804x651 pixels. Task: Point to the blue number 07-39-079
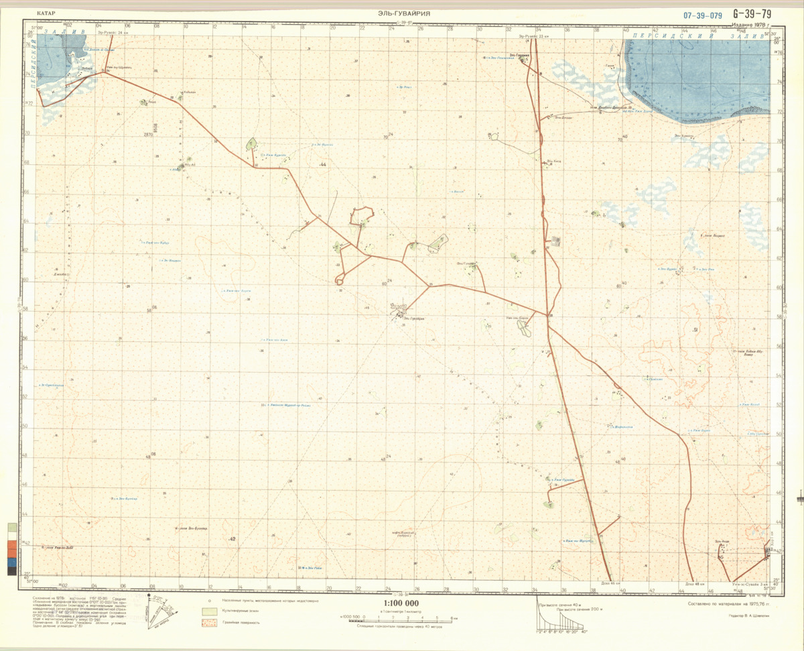click(x=703, y=15)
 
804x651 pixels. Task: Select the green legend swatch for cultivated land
click(x=210, y=612)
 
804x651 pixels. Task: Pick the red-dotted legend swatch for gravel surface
click(x=210, y=623)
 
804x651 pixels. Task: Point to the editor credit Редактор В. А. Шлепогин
click(x=750, y=615)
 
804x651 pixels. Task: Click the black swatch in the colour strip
click(x=11, y=571)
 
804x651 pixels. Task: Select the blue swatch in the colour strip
click(x=11, y=561)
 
